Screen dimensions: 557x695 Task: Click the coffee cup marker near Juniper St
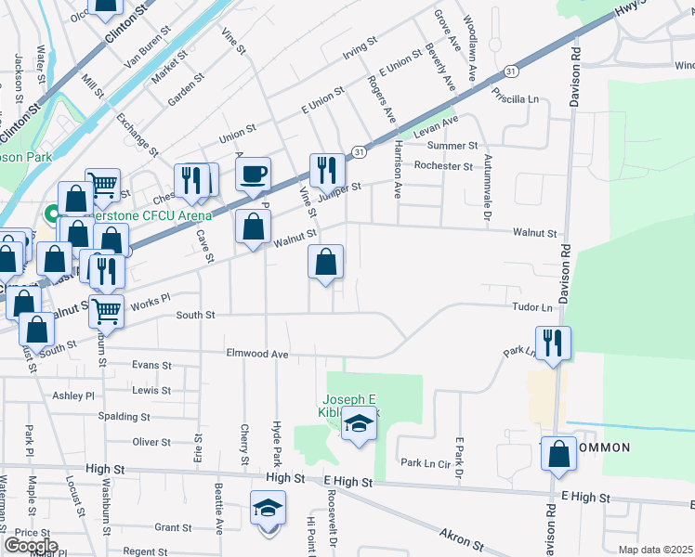click(x=253, y=175)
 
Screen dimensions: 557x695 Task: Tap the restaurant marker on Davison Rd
click(x=553, y=343)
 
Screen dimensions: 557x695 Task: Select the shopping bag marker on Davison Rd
click(x=558, y=455)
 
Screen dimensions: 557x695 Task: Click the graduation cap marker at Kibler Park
click(x=359, y=424)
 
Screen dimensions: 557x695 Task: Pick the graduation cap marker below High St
click(x=268, y=509)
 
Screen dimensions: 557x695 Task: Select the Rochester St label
click(x=444, y=166)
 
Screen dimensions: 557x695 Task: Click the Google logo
click(x=31, y=546)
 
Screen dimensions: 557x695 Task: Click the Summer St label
click(x=452, y=147)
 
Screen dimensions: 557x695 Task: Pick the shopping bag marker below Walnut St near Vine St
click(x=325, y=265)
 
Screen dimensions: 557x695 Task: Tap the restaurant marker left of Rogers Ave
click(x=326, y=171)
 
